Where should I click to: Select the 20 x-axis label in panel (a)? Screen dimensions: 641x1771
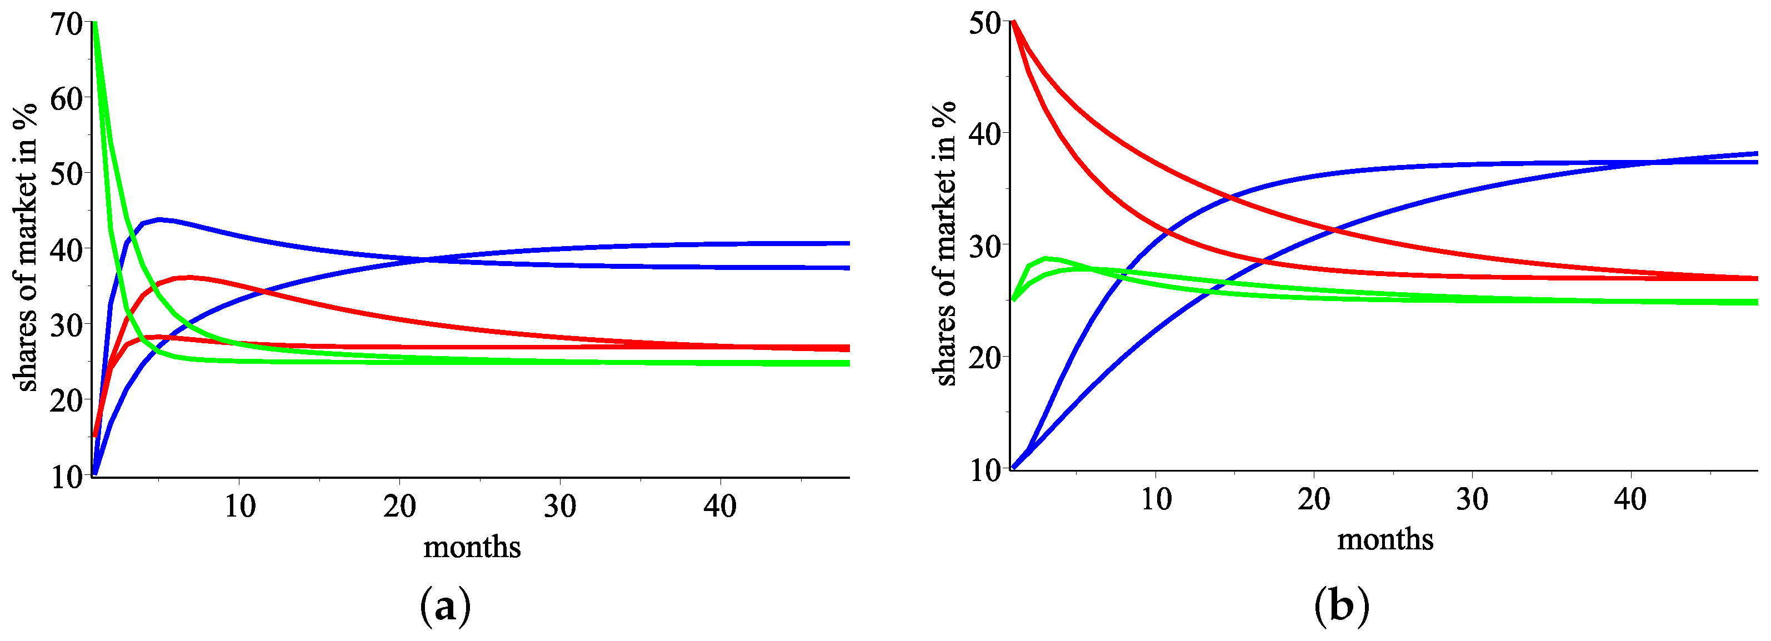(399, 507)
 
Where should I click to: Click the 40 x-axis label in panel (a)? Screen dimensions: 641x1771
(720, 507)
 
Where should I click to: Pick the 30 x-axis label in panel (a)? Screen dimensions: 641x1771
(559, 507)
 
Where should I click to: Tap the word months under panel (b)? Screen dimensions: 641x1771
(1384, 540)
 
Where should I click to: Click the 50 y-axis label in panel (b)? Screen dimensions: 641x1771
(984, 23)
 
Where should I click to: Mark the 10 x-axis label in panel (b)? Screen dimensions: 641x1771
(1155, 499)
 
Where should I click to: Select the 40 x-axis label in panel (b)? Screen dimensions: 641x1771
(1630, 499)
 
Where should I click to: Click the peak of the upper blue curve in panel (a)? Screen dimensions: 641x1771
(159, 219)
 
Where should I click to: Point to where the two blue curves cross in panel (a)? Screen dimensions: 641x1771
(424, 260)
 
